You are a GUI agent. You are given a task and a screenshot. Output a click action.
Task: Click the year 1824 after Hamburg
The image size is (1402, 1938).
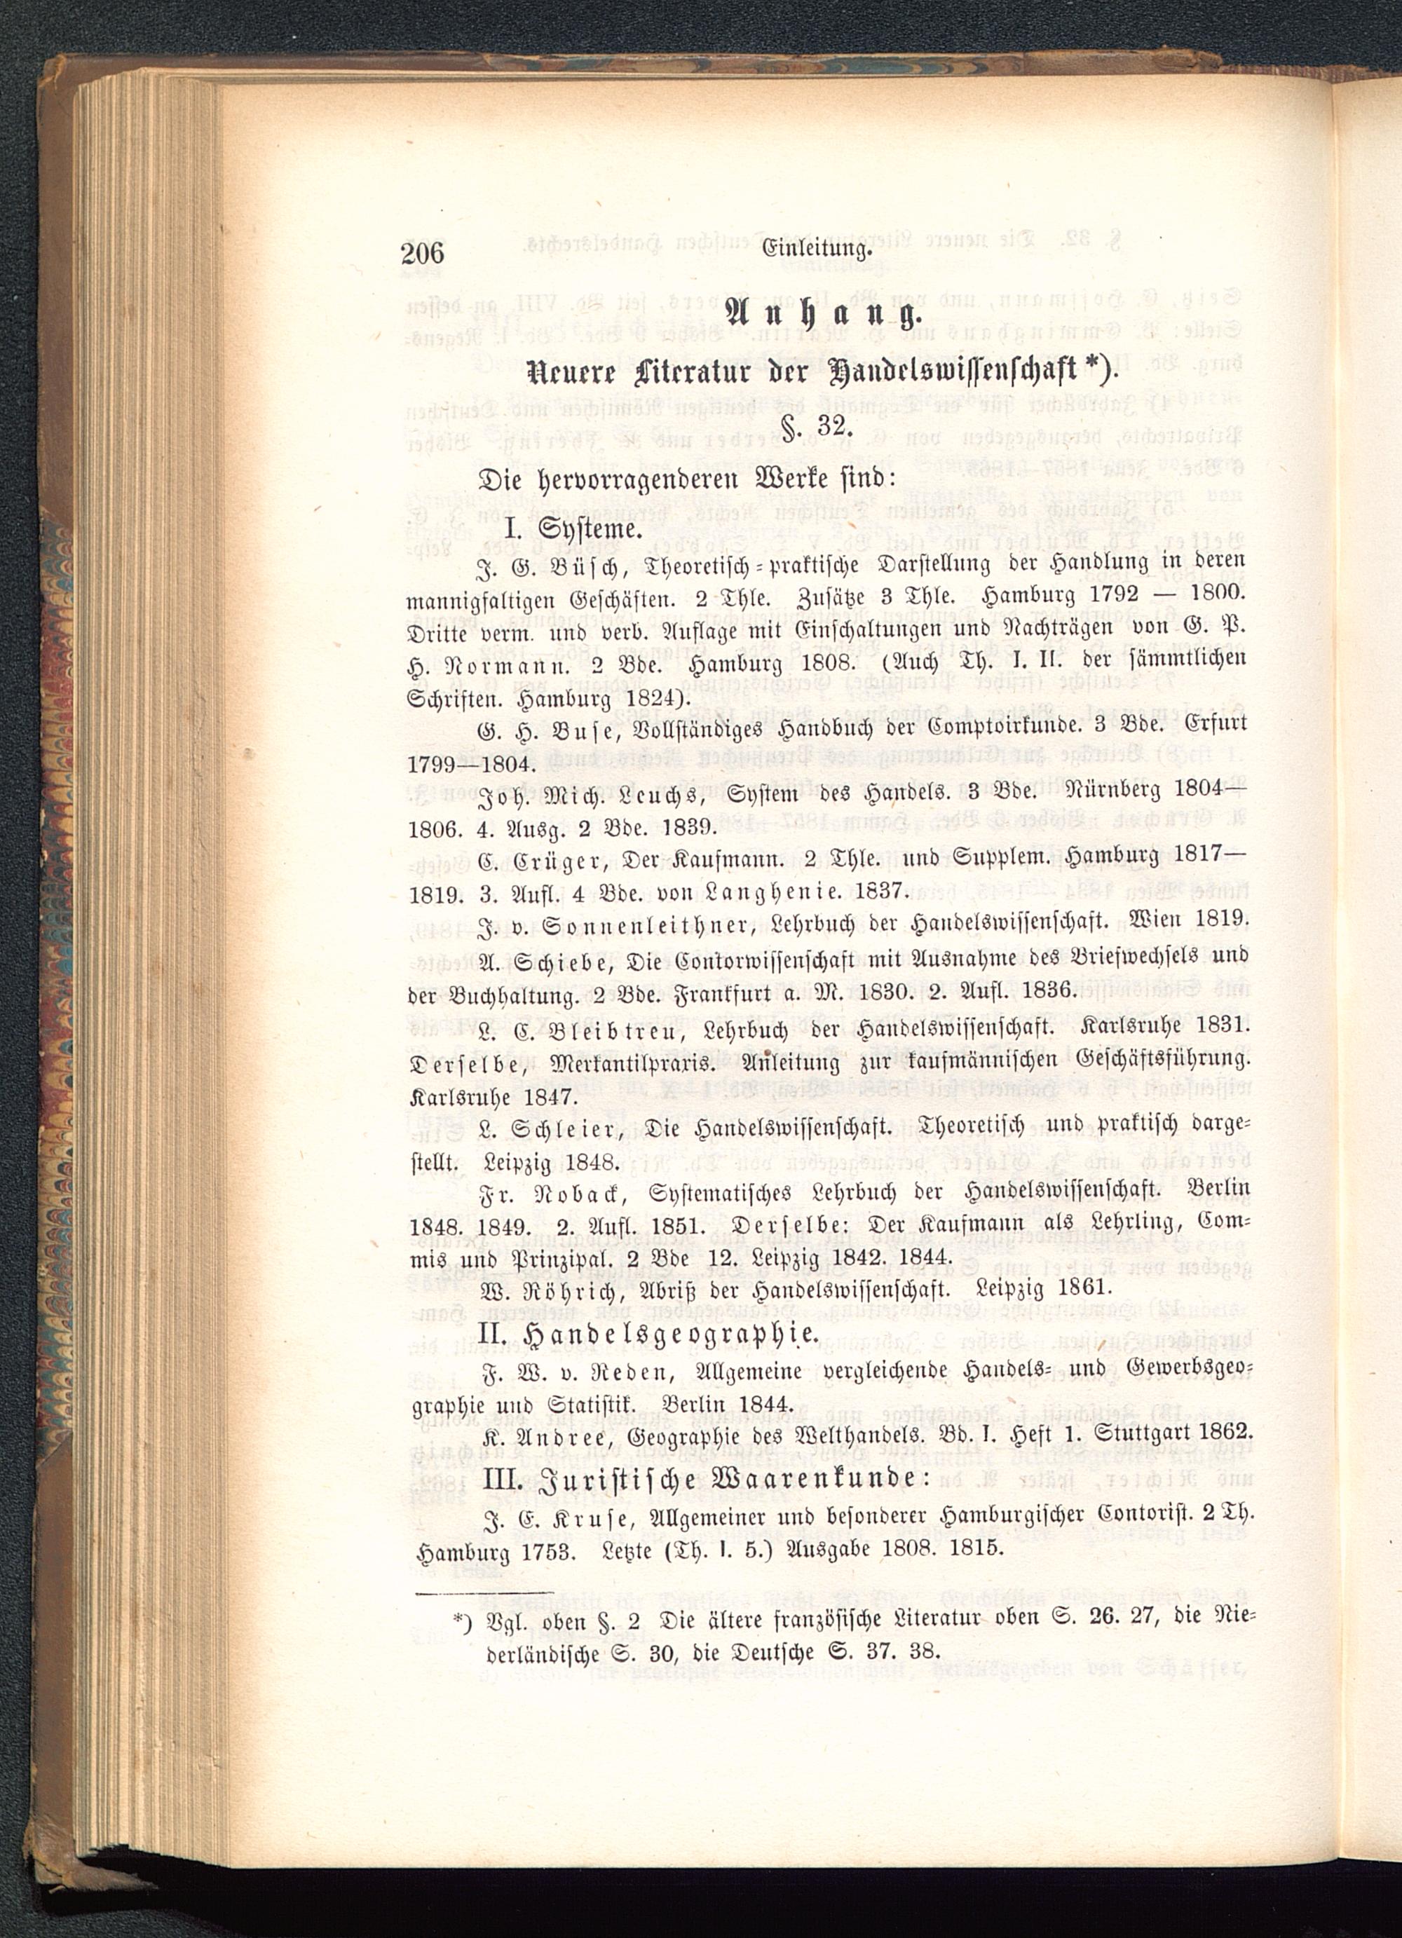(x=633, y=700)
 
